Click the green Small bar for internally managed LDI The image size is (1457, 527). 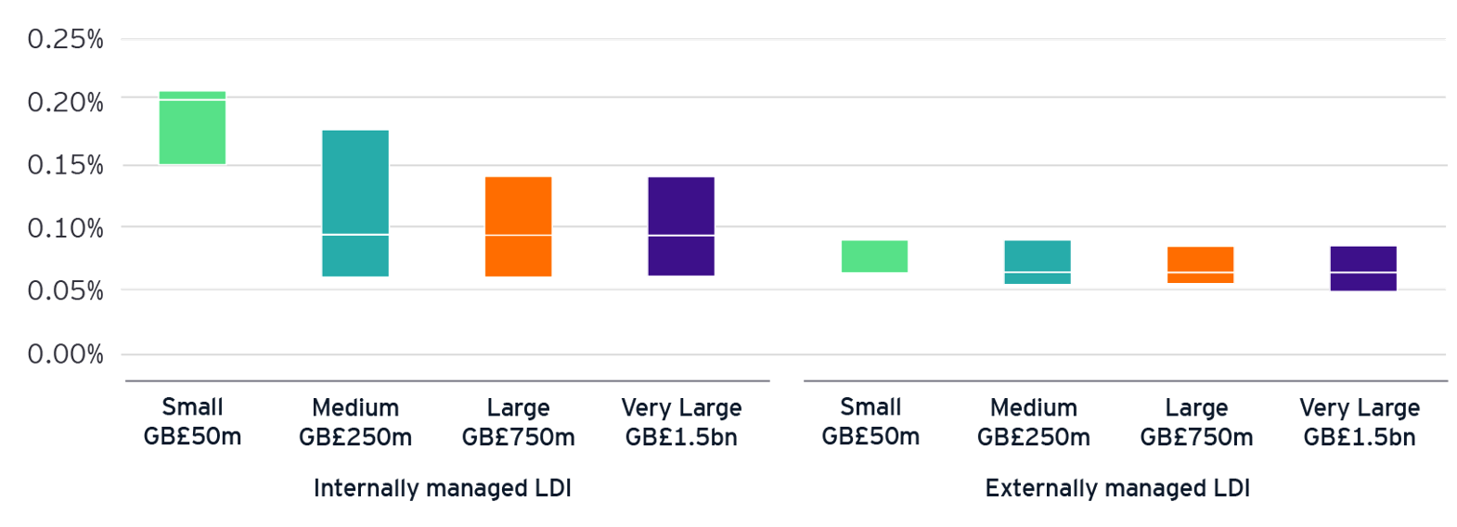tap(192, 128)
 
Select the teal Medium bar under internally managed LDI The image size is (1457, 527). tap(355, 203)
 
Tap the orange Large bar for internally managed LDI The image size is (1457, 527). tap(518, 226)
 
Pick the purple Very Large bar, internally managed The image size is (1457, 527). tap(681, 226)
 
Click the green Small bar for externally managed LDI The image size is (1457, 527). tap(874, 256)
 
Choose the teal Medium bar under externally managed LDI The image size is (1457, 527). tap(1038, 262)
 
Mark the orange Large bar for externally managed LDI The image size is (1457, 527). tap(1200, 264)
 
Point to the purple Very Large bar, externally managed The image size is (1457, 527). tap(1363, 268)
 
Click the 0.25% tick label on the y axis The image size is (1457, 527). tap(65, 39)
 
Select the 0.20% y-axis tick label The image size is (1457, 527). tap(65, 102)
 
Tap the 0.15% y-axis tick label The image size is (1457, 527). tap(65, 165)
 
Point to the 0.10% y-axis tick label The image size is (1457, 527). tap(65, 228)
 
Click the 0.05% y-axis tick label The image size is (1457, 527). tap(65, 291)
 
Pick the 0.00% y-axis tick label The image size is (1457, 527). tap(65, 354)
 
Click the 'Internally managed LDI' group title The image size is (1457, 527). tap(442, 488)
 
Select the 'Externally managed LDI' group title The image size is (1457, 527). tap(1117, 488)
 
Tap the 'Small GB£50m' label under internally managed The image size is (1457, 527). tap(192, 422)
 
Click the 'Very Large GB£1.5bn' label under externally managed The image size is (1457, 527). tap(1360, 422)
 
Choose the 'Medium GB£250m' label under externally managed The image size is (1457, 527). tap(1034, 422)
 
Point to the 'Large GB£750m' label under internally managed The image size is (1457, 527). tap(518, 422)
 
